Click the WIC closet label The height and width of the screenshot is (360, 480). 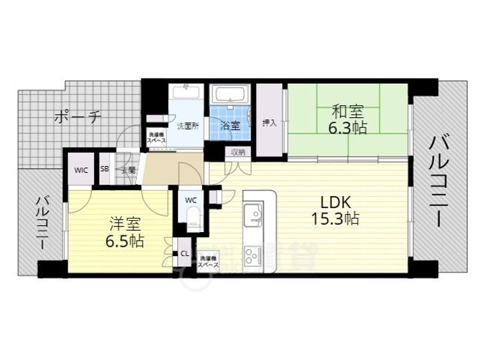click(81, 170)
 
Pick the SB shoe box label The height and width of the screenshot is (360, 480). click(105, 169)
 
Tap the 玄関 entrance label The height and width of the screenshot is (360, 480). click(129, 170)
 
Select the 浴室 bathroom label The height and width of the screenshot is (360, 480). click(230, 125)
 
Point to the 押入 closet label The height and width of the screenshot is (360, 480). click(269, 123)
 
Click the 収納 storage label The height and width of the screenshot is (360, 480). click(238, 152)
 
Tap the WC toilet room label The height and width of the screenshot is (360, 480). click(191, 200)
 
